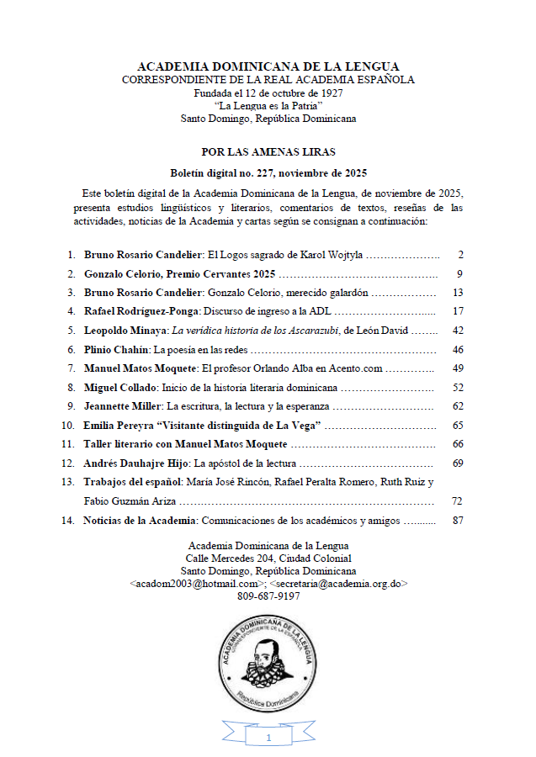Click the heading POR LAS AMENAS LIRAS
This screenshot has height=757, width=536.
[268, 152]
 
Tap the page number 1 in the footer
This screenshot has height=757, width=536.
[268, 738]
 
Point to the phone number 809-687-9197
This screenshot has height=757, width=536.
[268, 596]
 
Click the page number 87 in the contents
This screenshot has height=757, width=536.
[458, 521]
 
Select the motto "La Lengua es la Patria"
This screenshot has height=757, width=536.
[268, 106]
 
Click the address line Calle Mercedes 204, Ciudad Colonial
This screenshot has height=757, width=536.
[268, 558]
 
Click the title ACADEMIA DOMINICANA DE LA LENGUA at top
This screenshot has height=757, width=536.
[268, 66]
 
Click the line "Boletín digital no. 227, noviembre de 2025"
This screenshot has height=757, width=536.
[268, 173]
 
